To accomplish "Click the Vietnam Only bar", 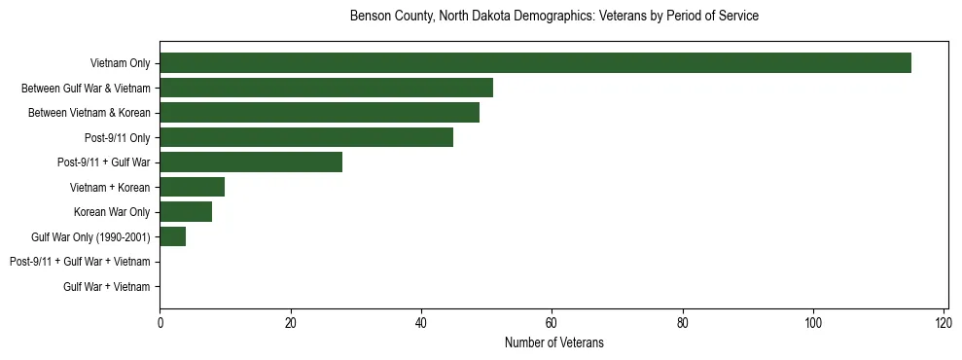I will (x=535, y=63).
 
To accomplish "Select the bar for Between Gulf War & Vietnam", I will (x=326, y=88).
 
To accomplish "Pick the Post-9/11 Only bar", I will (x=306, y=137).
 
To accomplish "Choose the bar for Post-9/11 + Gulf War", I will (x=251, y=162).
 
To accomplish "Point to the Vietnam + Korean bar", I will (x=192, y=187).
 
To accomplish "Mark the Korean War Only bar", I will (x=186, y=212).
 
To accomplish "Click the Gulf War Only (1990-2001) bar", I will (x=172, y=236).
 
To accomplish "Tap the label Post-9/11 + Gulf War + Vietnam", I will (x=80, y=262).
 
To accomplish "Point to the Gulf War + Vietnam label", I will (x=107, y=286).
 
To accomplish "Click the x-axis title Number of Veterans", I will (x=554, y=342).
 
